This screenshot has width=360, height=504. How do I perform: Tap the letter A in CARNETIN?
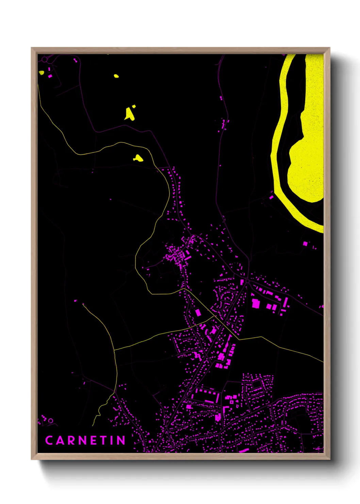pyautogui.click(x=60, y=440)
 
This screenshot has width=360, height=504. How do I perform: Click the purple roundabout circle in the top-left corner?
pyautogui.click(x=44, y=59)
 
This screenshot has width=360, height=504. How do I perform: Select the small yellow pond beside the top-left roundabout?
pyautogui.click(x=41, y=72)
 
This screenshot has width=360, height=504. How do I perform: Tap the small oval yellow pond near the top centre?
pyautogui.click(x=116, y=76)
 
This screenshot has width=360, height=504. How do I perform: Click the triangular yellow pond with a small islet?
pyautogui.click(x=129, y=114)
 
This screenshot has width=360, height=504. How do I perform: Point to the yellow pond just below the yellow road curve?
pyautogui.click(x=138, y=158)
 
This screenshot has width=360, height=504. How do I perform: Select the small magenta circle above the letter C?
pyautogui.click(x=51, y=421)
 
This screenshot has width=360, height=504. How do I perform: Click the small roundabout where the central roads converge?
pyautogui.click(x=247, y=281)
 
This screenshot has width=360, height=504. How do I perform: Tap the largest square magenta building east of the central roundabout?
pyautogui.click(x=255, y=303)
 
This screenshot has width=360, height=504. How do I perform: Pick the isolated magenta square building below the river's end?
pyautogui.click(x=305, y=243)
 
